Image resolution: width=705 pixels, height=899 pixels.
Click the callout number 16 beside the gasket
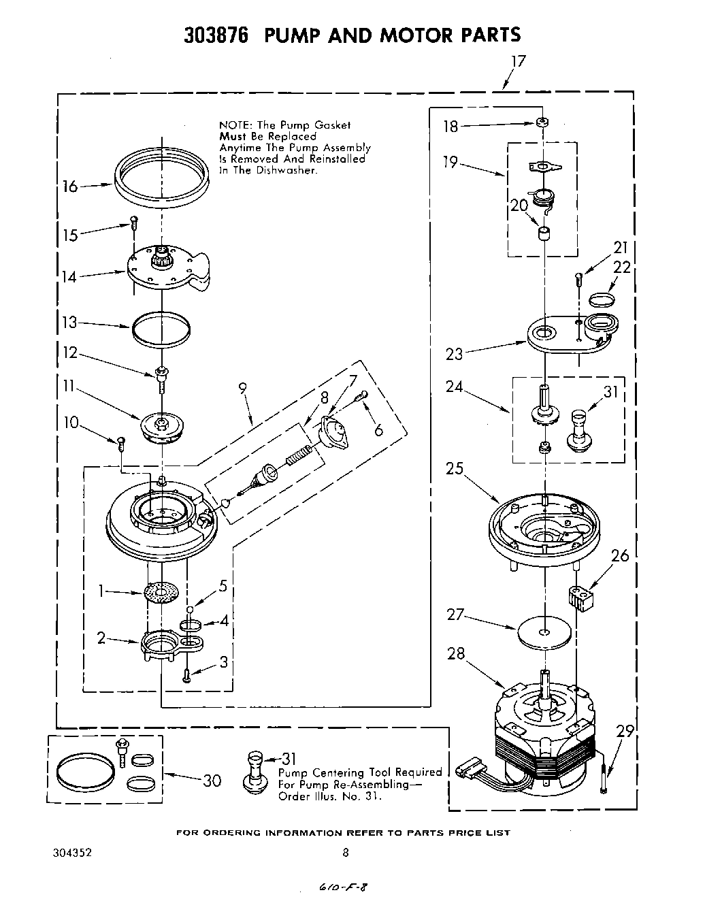tap(71, 185)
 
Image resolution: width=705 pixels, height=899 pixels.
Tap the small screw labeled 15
tap(134, 220)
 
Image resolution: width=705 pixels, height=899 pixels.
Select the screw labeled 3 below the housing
tap(187, 675)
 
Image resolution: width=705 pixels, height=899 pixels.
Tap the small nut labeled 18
tap(542, 122)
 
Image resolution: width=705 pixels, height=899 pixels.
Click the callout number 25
tap(455, 468)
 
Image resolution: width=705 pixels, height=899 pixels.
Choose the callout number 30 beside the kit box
tap(212, 780)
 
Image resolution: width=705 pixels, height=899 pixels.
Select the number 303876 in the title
tap(216, 35)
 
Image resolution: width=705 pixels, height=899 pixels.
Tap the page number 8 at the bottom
tap(346, 851)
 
